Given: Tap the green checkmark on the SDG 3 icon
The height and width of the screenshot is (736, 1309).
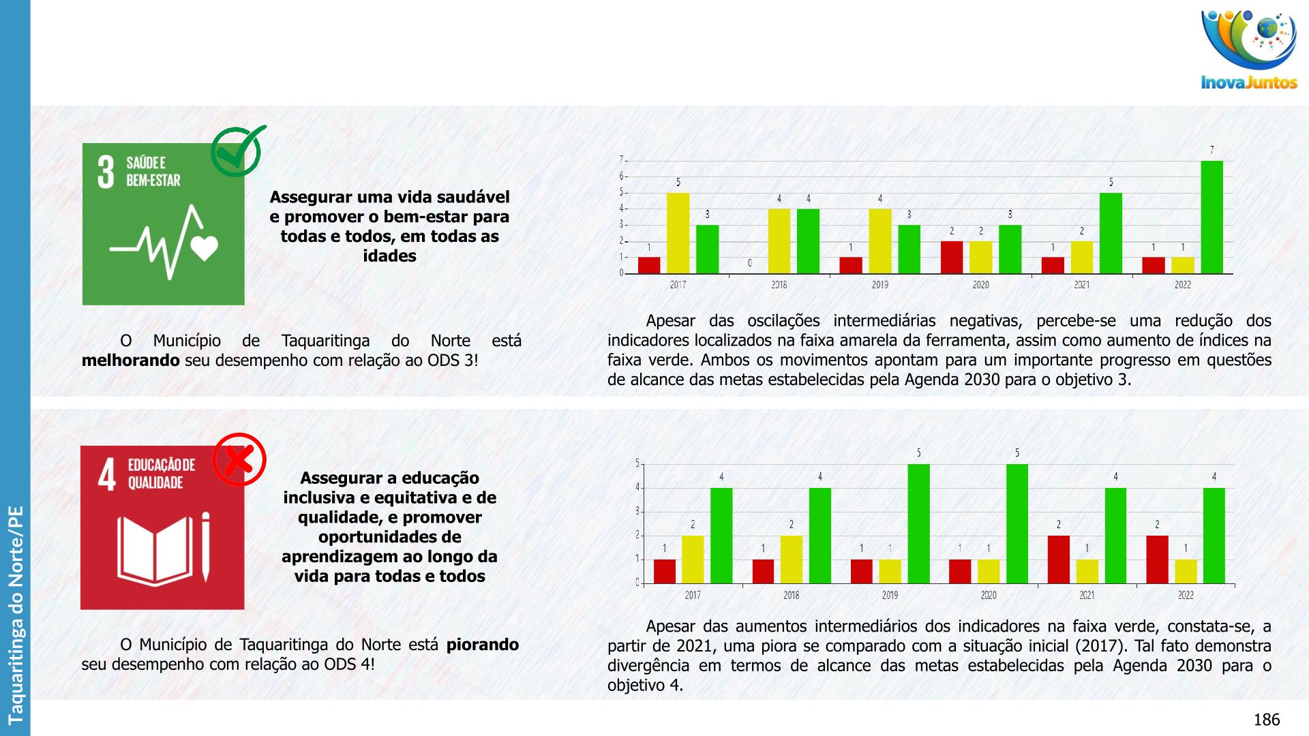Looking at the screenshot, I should pos(237,151).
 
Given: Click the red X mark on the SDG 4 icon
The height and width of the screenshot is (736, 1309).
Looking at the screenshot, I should pos(239,459).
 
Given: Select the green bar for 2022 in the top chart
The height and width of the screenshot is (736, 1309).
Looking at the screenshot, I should pos(1212,217).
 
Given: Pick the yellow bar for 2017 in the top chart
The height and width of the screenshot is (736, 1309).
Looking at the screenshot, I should pos(678,233).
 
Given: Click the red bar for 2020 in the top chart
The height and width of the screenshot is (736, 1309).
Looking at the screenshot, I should pos(952,257).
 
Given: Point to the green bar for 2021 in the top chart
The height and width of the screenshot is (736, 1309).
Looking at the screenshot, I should pos(1111,233).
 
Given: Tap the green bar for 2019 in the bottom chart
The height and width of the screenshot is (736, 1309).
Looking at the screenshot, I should pos(918,523).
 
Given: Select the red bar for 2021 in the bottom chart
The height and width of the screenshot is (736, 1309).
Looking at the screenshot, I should pos(1058,559).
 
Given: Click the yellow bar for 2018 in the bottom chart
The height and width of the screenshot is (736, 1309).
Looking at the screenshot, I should pos(791,559).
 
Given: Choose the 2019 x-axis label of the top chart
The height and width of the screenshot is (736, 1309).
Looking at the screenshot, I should pos(879,285).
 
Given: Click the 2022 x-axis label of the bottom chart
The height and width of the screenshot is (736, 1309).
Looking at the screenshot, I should pos(1186,596).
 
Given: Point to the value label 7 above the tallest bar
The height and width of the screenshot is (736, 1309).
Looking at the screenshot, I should pos(1212,150).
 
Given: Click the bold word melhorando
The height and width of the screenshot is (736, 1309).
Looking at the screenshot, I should pos(130,361).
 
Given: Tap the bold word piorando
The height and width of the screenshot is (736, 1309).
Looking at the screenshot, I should pos(482,645).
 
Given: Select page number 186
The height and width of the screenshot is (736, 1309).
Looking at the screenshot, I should pos(1266,720).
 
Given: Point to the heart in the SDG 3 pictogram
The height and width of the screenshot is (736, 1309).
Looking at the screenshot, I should pos(205,248).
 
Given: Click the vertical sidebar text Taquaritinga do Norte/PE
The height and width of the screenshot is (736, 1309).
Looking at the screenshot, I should pos(15,613).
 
